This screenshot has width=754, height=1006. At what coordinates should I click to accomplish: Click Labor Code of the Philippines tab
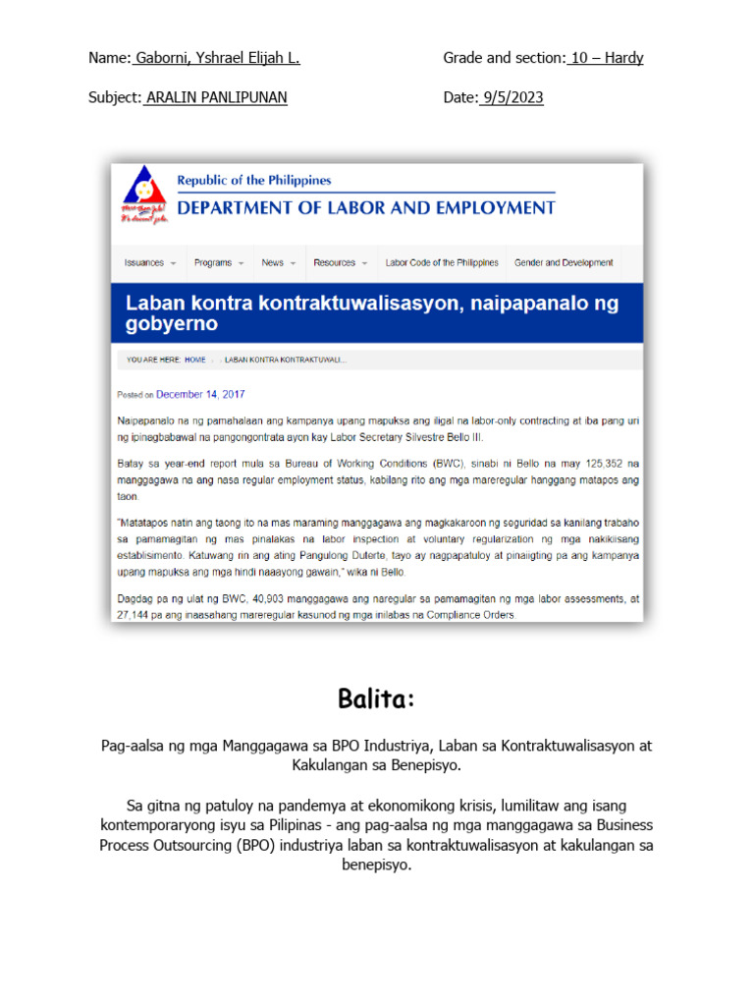click(442, 263)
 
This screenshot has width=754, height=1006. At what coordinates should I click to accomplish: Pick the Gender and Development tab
click(564, 263)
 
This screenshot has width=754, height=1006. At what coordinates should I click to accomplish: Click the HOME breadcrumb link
click(195, 361)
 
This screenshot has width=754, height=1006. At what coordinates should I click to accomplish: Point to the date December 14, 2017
click(200, 395)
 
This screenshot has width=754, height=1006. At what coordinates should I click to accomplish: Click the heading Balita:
click(377, 699)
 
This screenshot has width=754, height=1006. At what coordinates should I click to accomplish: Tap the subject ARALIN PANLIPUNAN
click(216, 98)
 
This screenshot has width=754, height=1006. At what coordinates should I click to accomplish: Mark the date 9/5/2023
click(511, 98)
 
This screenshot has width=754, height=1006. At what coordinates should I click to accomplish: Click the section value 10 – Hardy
click(605, 58)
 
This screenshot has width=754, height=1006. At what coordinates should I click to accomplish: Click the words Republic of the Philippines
click(253, 181)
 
